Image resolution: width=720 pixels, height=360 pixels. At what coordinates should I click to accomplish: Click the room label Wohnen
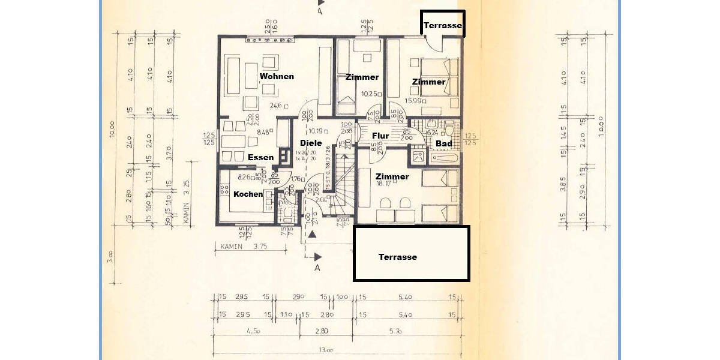[277, 76]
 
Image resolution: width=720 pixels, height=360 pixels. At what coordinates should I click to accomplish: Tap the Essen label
[261, 157]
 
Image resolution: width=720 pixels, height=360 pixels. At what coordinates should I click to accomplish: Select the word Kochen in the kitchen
[248, 194]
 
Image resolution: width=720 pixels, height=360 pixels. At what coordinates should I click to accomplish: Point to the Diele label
[311, 143]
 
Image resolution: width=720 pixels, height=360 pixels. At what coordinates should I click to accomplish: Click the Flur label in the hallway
[380, 136]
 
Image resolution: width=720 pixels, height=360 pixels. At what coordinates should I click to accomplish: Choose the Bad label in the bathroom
[444, 144]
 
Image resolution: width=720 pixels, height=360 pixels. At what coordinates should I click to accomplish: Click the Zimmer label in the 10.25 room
[362, 77]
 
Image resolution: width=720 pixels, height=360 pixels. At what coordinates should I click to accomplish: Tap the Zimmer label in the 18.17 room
[392, 176]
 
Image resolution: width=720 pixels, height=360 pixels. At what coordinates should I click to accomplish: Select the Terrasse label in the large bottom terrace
[397, 257]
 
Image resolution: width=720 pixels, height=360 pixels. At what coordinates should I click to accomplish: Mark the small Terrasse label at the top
[442, 26]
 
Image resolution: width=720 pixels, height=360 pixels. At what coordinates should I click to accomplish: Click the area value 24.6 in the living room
[275, 105]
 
